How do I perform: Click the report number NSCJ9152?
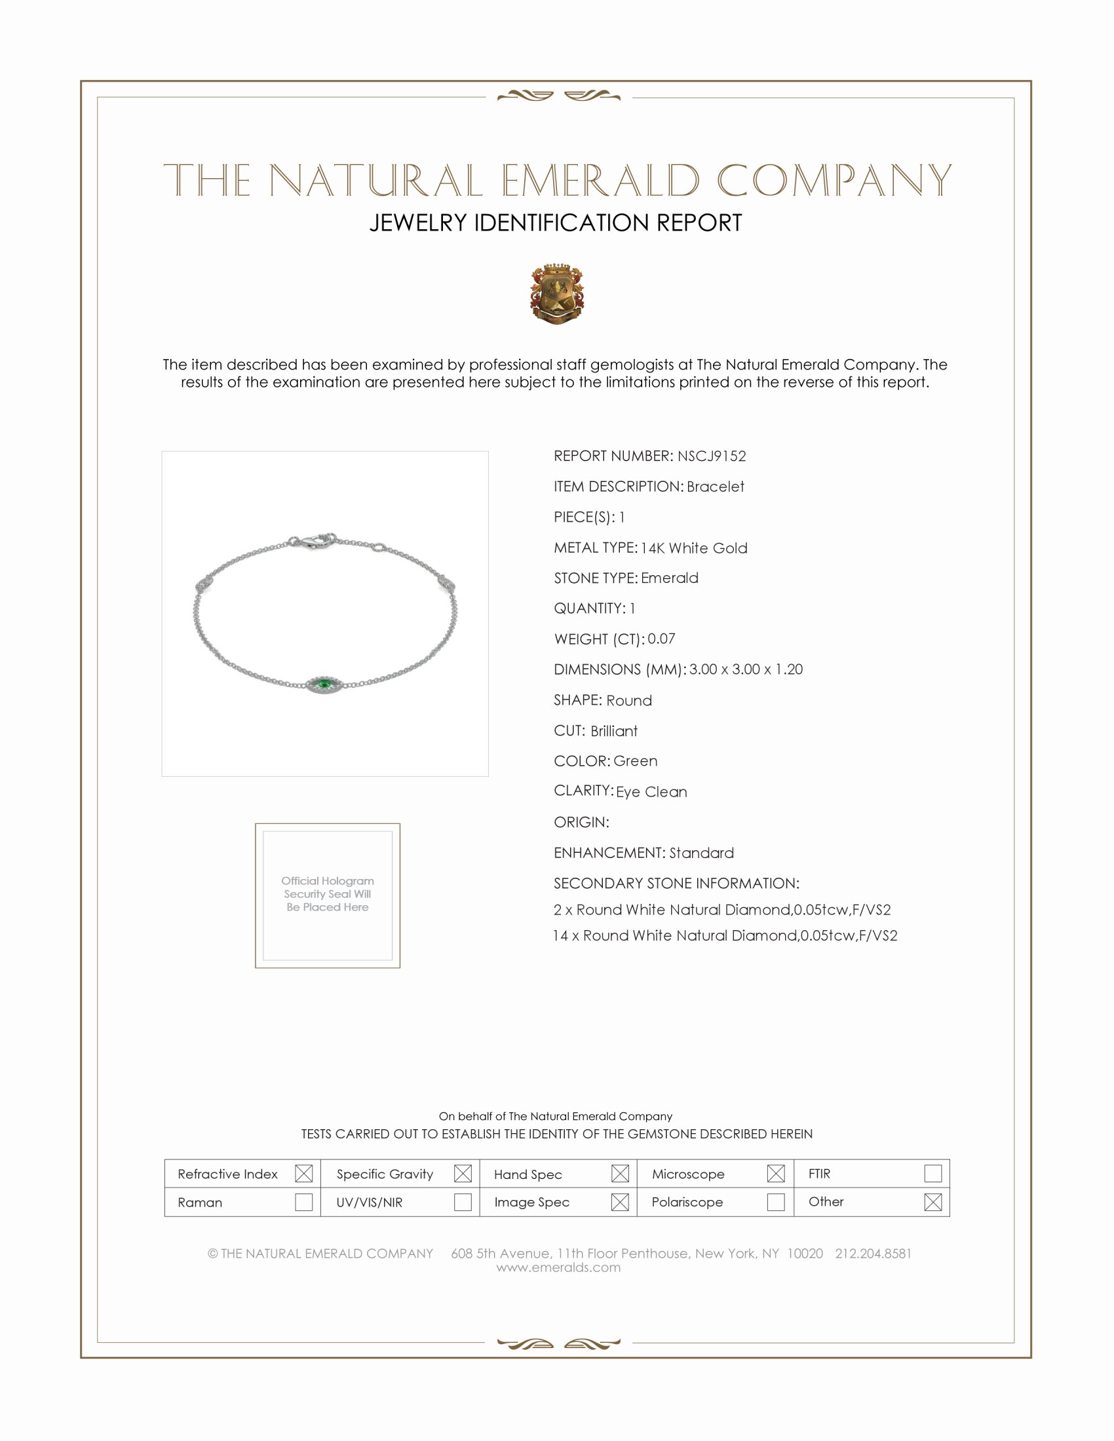(x=712, y=456)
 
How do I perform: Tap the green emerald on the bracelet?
(x=324, y=684)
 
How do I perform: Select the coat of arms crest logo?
(x=556, y=293)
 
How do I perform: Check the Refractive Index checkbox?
(x=303, y=1173)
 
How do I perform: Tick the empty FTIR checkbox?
(x=932, y=1173)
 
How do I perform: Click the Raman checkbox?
(x=303, y=1201)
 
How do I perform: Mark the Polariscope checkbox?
(x=776, y=1201)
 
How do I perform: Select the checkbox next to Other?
(x=932, y=1201)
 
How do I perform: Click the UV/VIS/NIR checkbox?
(x=463, y=1201)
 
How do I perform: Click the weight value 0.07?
(x=661, y=639)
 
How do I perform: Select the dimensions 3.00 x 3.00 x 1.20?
(x=746, y=669)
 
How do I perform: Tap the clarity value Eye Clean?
(x=651, y=792)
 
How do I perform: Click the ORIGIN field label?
(x=581, y=822)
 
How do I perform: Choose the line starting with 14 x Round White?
(x=725, y=935)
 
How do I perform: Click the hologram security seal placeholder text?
(x=328, y=894)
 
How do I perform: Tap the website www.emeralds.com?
(x=558, y=1267)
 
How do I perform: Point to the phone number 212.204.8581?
(x=873, y=1254)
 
